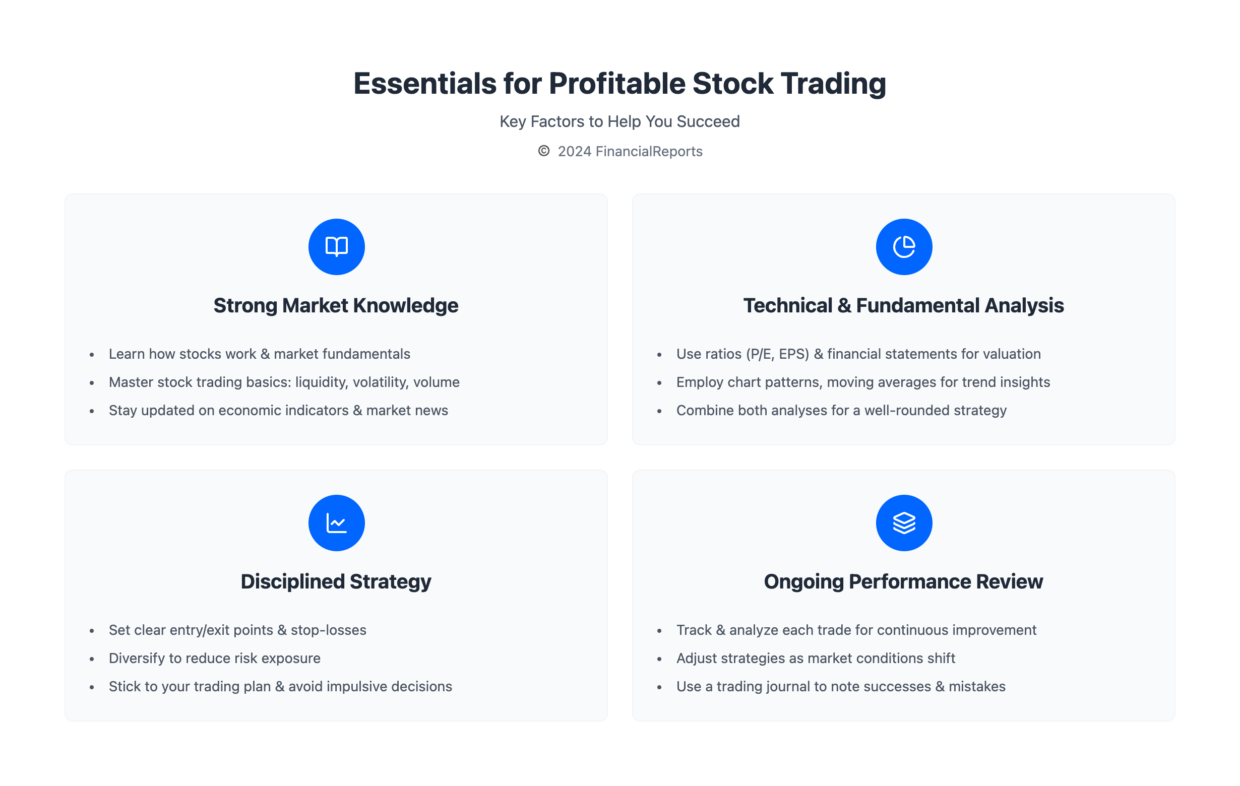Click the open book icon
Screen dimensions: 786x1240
pyautogui.click(x=336, y=247)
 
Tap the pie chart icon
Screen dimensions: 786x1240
pyautogui.click(x=904, y=247)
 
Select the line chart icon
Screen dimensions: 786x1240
pyautogui.click(x=336, y=523)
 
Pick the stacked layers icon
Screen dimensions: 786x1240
pyautogui.click(x=904, y=523)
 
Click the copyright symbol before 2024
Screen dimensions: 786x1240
pyautogui.click(x=544, y=151)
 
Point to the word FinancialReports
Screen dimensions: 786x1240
pyautogui.click(x=649, y=151)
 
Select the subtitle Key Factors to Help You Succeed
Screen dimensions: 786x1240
pyautogui.click(x=619, y=121)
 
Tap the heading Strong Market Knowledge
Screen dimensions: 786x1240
pyautogui.click(x=336, y=305)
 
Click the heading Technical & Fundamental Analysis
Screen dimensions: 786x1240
pyautogui.click(x=903, y=305)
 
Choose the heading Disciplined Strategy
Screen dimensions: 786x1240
pyautogui.click(x=336, y=581)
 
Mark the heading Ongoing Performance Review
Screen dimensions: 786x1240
pyautogui.click(x=903, y=581)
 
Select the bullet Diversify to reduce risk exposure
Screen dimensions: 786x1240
pyautogui.click(x=214, y=659)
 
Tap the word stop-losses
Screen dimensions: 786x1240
pyautogui.click(x=329, y=630)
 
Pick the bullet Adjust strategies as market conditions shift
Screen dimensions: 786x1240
pyautogui.click(x=816, y=659)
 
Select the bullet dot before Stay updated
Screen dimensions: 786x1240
pyautogui.click(x=92, y=411)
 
